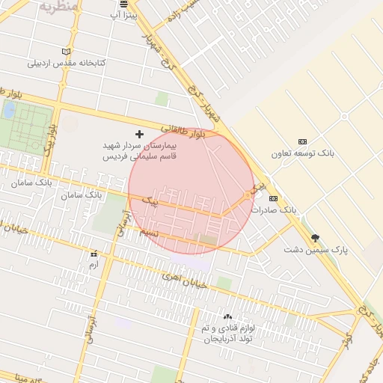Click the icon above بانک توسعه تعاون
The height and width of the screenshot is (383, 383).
click(x=302, y=141)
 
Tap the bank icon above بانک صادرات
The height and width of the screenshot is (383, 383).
click(x=273, y=198)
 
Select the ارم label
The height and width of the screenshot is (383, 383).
click(x=94, y=265)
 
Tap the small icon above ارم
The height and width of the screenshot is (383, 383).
click(x=94, y=254)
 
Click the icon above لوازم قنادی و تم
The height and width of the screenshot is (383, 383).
click(x=227, y=316)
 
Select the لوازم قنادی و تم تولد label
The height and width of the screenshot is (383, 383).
click(x=227, y=334)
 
